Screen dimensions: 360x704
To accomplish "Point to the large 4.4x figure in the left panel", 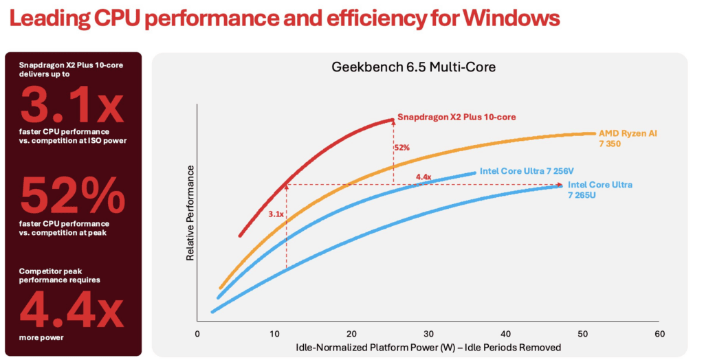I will point(72,308).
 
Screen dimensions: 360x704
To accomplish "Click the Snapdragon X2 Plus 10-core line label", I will point(456,117).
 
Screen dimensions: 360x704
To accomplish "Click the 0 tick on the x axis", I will point(197,333).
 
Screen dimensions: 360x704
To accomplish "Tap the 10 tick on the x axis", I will point(274,333).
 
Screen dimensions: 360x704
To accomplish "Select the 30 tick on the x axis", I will point(428,333).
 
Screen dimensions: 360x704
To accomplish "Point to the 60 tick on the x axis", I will point(659,333).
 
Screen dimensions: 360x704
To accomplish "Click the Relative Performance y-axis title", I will point(190,212).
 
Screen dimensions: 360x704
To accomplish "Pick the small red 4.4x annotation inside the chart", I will point(423,177).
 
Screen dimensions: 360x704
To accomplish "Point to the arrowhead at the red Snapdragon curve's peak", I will point(393,120).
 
